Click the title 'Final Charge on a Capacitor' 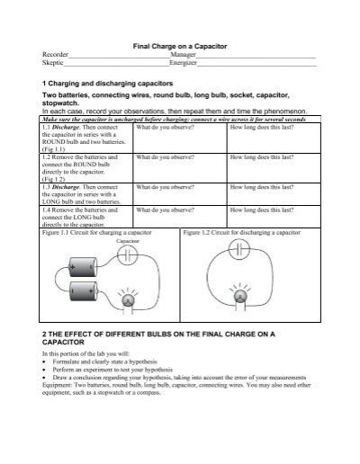[x=180, y=44]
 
